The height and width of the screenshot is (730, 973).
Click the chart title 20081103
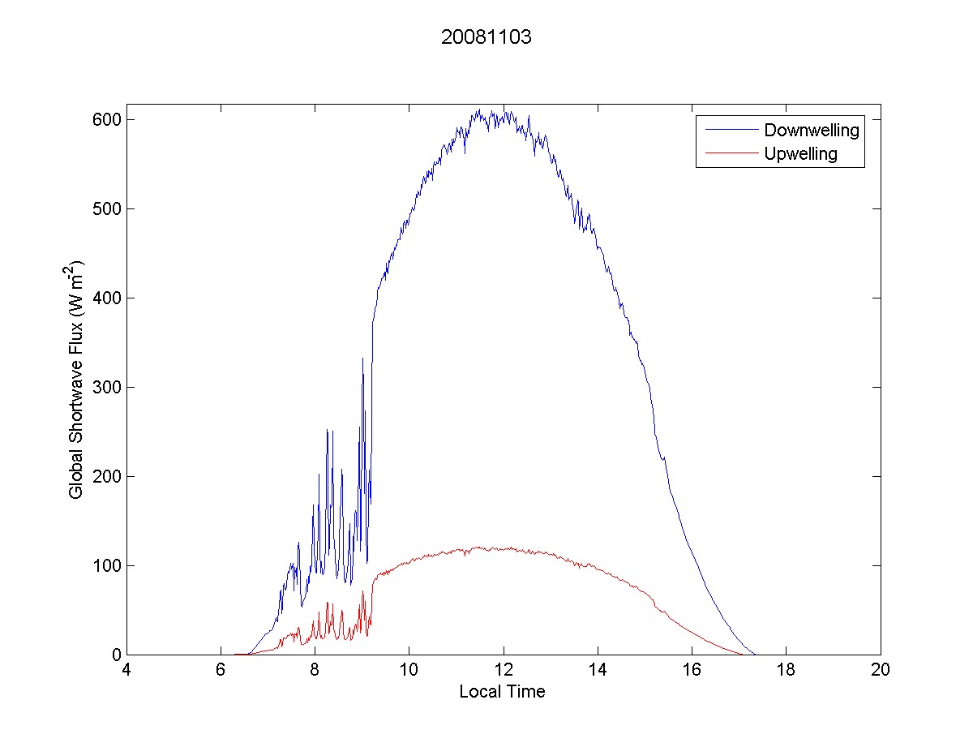click(x=486, y=38)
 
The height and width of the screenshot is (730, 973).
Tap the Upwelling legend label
click(x=800, y=153)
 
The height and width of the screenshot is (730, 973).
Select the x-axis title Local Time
click(x=502, y=692)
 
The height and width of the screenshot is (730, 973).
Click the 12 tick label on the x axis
click(x=504, y=671)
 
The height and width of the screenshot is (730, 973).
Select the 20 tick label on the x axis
click(x=880, y=671)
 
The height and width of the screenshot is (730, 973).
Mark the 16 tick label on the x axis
click(x=692, y=671)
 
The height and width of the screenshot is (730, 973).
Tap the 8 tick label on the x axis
click(x=315, y=671)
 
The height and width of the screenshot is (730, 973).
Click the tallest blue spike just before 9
click(x=362, y=358)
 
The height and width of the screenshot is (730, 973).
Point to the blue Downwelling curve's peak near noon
click(x=504, y=108)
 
